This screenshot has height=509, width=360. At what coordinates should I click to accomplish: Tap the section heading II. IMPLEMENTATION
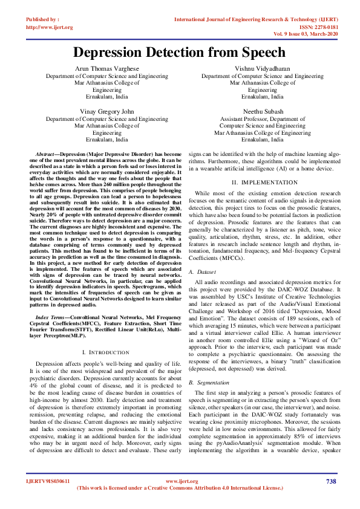[x=262, y=182]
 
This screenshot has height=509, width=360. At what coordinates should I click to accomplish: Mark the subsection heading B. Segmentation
[x=209, y=383]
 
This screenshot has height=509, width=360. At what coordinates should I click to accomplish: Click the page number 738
[x=330, y=481]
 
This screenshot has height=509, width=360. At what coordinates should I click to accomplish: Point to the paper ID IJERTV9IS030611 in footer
[x=48, y=481]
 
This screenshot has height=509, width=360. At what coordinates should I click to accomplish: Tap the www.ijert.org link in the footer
[x=180, y=481]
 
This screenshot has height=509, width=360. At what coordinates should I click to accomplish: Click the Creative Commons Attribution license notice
[x=180, y=487]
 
